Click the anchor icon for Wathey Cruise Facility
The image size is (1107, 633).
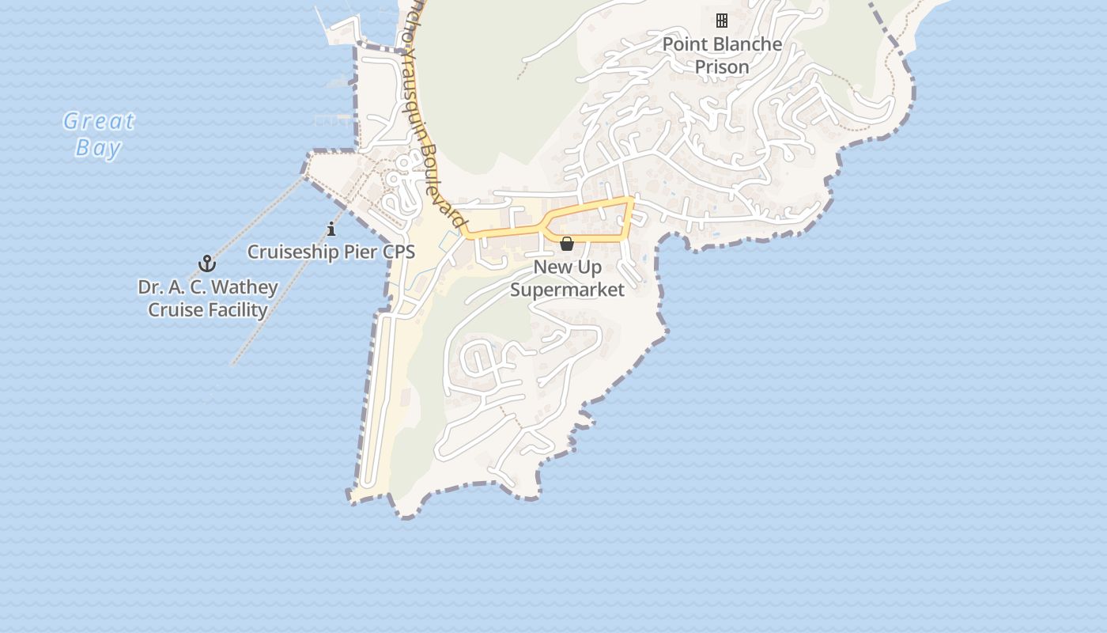207,263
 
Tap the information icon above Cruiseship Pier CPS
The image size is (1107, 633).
331,229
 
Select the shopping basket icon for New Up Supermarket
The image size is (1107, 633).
567,244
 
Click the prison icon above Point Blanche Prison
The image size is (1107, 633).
721,20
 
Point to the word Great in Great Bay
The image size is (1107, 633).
99,122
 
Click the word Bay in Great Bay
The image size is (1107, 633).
99,148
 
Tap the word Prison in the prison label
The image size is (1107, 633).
721,67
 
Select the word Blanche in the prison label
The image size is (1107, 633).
744,44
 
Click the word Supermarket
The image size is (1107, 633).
567,290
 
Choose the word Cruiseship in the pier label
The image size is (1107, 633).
286,252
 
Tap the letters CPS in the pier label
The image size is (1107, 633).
398,252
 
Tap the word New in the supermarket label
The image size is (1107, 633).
552,267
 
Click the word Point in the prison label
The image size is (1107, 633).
681,44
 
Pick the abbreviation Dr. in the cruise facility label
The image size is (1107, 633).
150,286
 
